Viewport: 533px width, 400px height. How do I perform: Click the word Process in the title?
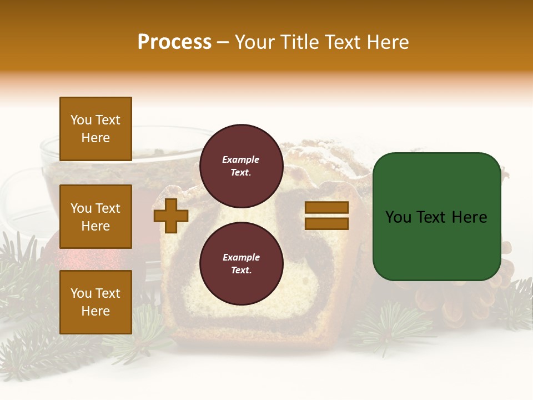point(174,42)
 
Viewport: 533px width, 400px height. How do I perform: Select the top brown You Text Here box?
point(95,129)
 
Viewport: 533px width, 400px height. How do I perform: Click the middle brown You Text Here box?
point(95,217)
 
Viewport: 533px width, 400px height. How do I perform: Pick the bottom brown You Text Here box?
point(95,302)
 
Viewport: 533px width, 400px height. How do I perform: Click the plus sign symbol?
point(171,216)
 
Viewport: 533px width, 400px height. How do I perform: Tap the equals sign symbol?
point(326,216)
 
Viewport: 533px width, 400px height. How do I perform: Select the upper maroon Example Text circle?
point(241,166)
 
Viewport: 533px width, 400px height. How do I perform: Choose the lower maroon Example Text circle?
point(241,263)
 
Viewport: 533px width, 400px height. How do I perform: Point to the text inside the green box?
point(436,217)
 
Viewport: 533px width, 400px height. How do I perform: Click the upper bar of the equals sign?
point(326,208)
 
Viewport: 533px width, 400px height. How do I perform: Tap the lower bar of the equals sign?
point(326,223)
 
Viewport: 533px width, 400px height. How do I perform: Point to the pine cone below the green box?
point(444,300)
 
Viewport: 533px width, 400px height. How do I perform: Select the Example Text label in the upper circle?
point(241,166)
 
